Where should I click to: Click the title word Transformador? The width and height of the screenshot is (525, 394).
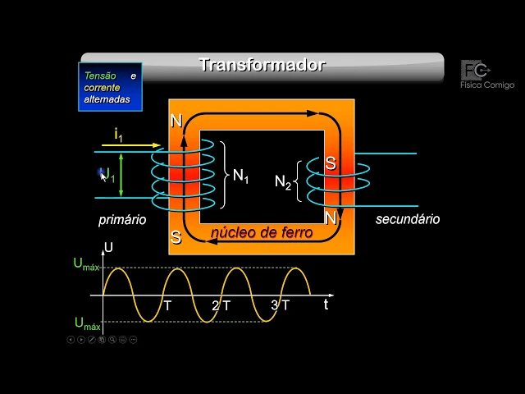coord(262,65)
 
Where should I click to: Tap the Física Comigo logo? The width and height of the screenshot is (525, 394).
coord(486,75)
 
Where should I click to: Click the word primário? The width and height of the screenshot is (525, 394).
coord(122,220)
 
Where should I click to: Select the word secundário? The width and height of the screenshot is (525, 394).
coord(408,219)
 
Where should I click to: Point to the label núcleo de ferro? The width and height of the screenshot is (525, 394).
coord(262,233)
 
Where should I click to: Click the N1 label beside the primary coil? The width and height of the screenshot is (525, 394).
coord(240,176)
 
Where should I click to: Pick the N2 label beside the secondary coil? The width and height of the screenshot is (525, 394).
coord(283,182)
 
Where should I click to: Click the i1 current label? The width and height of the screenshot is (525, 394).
coord(119,135)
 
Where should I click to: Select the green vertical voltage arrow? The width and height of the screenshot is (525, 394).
coord(121,175)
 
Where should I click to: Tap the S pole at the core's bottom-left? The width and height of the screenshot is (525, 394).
coord(176,238)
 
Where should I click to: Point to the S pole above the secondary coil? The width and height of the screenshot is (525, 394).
coord(331,163)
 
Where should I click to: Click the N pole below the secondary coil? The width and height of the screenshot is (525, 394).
coord(331,218)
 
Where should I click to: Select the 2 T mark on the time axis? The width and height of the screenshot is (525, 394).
coord(221,305)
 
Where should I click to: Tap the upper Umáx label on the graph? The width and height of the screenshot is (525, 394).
coord(86,264)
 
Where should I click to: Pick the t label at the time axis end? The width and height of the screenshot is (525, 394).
coord(326,304)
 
